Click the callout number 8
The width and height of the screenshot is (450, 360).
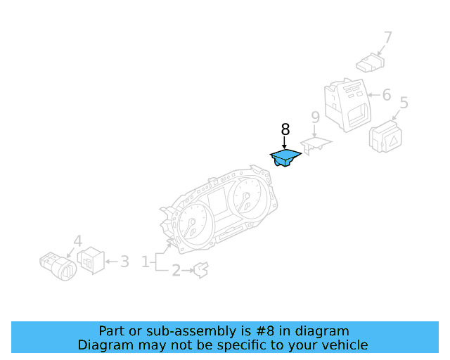point(285,129)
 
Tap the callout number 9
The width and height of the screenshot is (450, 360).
point(315,117)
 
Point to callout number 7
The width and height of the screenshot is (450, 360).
point(387,37)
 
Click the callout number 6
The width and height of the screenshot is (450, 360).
point(386,94)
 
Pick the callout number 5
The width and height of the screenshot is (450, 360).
point(404,104)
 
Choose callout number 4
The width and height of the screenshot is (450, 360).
point(77,240)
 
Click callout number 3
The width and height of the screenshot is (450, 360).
point(124,262)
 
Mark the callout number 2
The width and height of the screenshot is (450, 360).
point(176,269)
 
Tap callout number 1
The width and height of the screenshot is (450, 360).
point(146,262)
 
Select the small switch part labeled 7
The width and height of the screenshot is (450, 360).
point(369,65)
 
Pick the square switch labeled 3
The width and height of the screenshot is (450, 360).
point(91,262)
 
